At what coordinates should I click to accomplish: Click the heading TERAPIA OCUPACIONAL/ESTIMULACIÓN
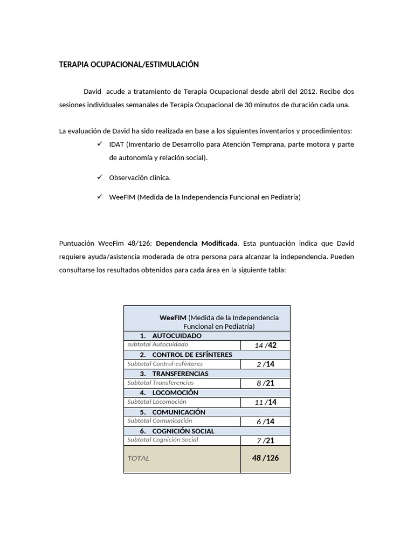coord(129,65)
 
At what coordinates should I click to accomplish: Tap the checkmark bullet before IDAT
coord(100,144)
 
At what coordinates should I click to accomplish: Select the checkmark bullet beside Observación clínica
coord(100,177)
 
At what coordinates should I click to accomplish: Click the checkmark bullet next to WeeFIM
coord(100,197)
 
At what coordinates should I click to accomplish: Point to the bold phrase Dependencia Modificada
coord(197,243)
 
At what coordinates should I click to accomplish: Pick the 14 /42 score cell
coord(265,345)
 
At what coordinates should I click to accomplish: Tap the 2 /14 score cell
coord(265,364)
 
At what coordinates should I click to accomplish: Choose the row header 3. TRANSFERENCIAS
coord(174,374)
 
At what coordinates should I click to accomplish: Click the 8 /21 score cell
coord(265,383)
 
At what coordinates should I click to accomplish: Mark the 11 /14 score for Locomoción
coord(265,402)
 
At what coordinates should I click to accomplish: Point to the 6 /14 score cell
coord(265,422)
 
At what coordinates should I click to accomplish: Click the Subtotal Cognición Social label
coord(163,440)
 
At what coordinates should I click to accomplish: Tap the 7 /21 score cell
coord(265,440)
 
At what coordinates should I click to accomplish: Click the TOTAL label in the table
coord(139,458)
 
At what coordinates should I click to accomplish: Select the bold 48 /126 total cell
coord(265,458)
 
